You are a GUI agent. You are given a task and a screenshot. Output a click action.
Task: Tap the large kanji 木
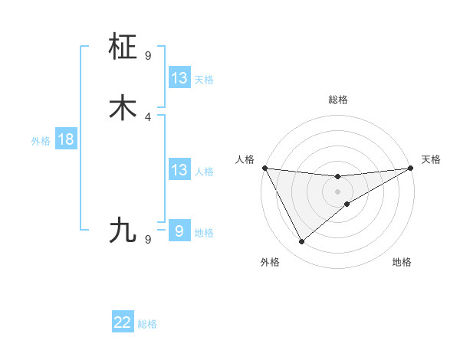click(x=123, y=108)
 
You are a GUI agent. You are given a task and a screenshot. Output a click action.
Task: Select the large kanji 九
click(x=123, y=230)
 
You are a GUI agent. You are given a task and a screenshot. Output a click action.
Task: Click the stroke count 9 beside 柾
click(x=148, y=56)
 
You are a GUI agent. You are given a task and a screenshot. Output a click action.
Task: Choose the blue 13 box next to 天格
click(x=179, y=78)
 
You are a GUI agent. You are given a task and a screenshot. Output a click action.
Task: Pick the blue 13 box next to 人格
click(x=179, y=170)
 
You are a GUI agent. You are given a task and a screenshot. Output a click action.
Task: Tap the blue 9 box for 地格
click(x=179, y=231)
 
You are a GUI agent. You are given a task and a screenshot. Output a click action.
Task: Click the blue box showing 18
click(x=65, y=139)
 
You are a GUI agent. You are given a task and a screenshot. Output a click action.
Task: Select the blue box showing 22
click(x=123, y=322)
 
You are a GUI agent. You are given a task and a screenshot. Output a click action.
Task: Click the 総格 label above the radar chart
click(x=338, y=100)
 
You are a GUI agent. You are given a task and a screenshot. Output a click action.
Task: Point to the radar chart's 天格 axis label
click(x=431, y=159)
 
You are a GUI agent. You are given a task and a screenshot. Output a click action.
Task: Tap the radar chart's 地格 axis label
click(x=402, y=263)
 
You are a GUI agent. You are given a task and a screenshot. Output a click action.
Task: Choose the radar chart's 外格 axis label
click(x=270, y=263)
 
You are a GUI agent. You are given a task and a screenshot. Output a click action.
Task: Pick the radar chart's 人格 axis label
click(x=245, y=159)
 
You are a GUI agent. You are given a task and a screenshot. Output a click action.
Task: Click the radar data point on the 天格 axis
click(x=411, y=168)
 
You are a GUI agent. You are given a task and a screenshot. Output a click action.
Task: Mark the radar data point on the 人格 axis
click(x=264, y=168)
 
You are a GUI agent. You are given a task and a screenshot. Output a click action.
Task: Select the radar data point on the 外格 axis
click(x=301, y=242)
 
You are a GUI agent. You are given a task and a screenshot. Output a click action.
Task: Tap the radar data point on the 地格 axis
click(x=347, y=204)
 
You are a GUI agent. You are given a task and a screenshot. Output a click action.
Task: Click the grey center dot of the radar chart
click(x=338, y=191)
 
